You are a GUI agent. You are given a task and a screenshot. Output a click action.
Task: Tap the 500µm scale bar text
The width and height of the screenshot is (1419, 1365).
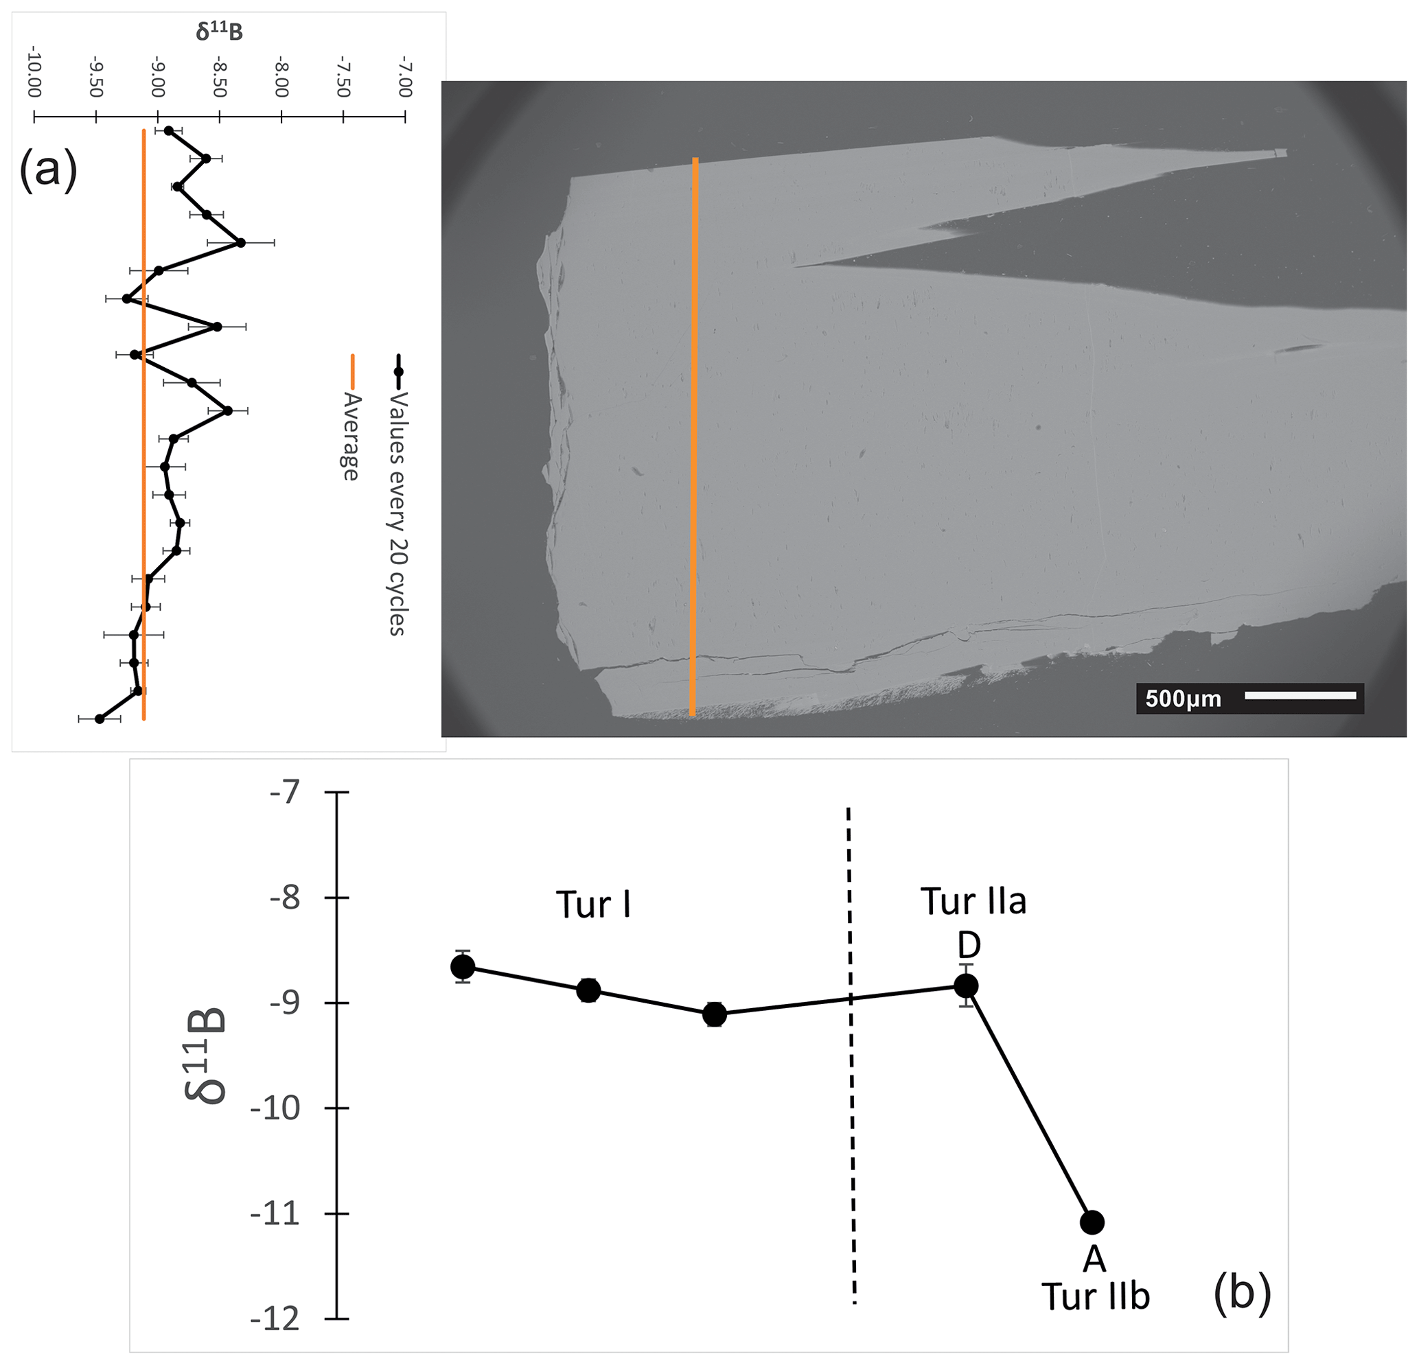click(x=1183, y=699)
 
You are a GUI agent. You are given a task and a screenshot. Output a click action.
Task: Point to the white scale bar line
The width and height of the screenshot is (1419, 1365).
click(x=1300, y=695)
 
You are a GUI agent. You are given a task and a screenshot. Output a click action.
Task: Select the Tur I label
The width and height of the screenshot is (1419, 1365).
click(x=593, y=905)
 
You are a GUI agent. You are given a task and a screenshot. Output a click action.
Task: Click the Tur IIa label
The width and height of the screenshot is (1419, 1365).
click(x=973, y=902)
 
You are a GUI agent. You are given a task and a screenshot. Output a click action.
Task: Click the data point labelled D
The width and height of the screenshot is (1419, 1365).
click(x=967, y=985)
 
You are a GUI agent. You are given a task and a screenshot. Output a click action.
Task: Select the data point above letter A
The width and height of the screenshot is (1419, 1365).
click(x=1092, y=1222)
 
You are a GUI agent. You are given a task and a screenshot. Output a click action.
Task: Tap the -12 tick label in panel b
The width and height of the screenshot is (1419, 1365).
click(x=275, y=1320)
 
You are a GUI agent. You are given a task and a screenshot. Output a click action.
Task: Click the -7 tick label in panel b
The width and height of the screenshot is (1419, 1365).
click(x=284, y=793)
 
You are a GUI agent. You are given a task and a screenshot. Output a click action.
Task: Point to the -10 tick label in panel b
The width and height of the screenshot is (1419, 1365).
click(x=275, y=1109)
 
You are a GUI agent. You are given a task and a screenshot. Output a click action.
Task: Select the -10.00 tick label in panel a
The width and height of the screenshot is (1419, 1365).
click(x=34, y=72)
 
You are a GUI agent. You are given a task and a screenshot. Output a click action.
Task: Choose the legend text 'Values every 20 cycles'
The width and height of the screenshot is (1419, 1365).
click(x=397, y=514)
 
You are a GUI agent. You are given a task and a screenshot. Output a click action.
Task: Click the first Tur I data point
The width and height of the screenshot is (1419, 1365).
click(x=463, y=966)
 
